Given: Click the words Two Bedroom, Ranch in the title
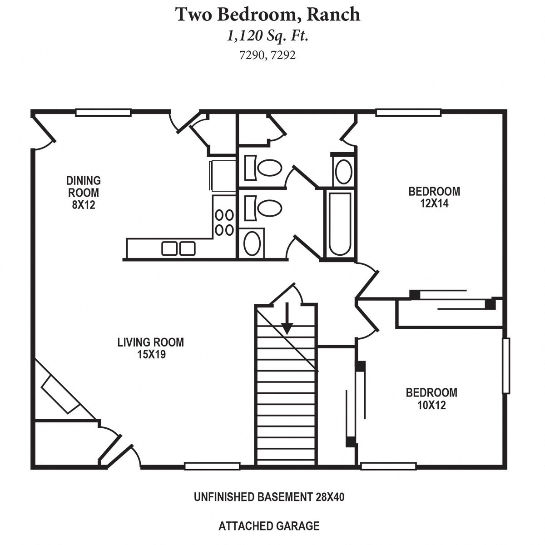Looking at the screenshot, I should [x=268, y=15].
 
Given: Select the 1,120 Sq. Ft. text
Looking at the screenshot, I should [x=268, y=36].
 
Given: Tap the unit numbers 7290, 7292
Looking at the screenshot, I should [x=268, y=55].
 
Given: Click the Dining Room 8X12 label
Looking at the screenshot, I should [x=83, y=193].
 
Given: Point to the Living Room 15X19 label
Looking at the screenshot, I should [x=151, y=348].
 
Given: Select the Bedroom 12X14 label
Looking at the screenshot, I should [x=434, y=197].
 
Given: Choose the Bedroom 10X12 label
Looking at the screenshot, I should [x=431, y=398].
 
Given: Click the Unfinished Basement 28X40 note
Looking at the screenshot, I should [x=269, y=497].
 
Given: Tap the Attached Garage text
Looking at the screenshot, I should [x=269, y=526].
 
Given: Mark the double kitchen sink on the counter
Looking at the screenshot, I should [x=178, y=248].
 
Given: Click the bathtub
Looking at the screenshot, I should [x=340, y=223].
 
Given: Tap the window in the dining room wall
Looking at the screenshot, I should [x=103, y=112].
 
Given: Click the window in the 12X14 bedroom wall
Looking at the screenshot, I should [x=409, y=112].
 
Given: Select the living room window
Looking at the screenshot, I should [x=212, y=466].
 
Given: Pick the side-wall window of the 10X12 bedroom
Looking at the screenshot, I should [x=505, y=366].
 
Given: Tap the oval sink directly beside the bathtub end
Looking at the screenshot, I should [x=343, y=171].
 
